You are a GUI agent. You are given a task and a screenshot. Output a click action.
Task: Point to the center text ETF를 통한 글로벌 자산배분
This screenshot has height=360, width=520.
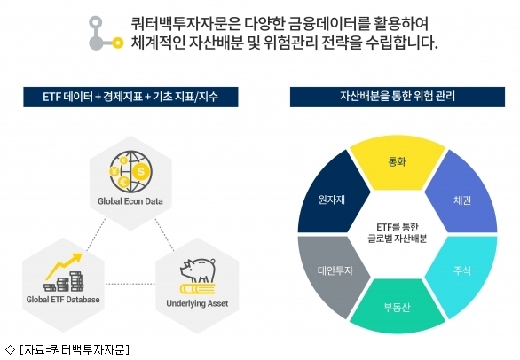click(x=398, y=232)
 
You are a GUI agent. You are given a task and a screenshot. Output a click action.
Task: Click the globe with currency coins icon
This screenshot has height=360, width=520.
click(x=130, y=171)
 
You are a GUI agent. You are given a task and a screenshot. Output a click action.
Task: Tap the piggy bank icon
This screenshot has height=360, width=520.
click(x=198, y=270)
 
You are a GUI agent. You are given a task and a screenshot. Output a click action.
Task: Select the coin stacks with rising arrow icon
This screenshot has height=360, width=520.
click(x=64, y=272)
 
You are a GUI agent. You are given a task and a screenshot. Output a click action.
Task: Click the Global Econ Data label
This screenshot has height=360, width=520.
click(x=130, y=201)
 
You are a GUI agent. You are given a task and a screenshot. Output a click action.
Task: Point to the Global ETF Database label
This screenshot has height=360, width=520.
click(x=63, y=300)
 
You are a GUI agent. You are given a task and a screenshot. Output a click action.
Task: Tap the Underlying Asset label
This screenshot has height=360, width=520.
click(x=197, y=303)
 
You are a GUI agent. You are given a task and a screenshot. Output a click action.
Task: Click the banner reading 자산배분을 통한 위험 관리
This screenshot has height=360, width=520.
click(x=398, y=97)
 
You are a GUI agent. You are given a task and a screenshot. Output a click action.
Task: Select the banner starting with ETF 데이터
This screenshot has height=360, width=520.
click(x=130, y=97)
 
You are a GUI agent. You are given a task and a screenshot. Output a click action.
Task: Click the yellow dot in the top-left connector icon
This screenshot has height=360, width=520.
click(x=117, y=43)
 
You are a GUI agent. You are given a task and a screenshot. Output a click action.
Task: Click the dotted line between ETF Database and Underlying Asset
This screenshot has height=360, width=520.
click(x=130, y=284)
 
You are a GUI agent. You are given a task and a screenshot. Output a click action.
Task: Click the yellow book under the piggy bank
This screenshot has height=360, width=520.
click(x=198, y=289)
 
